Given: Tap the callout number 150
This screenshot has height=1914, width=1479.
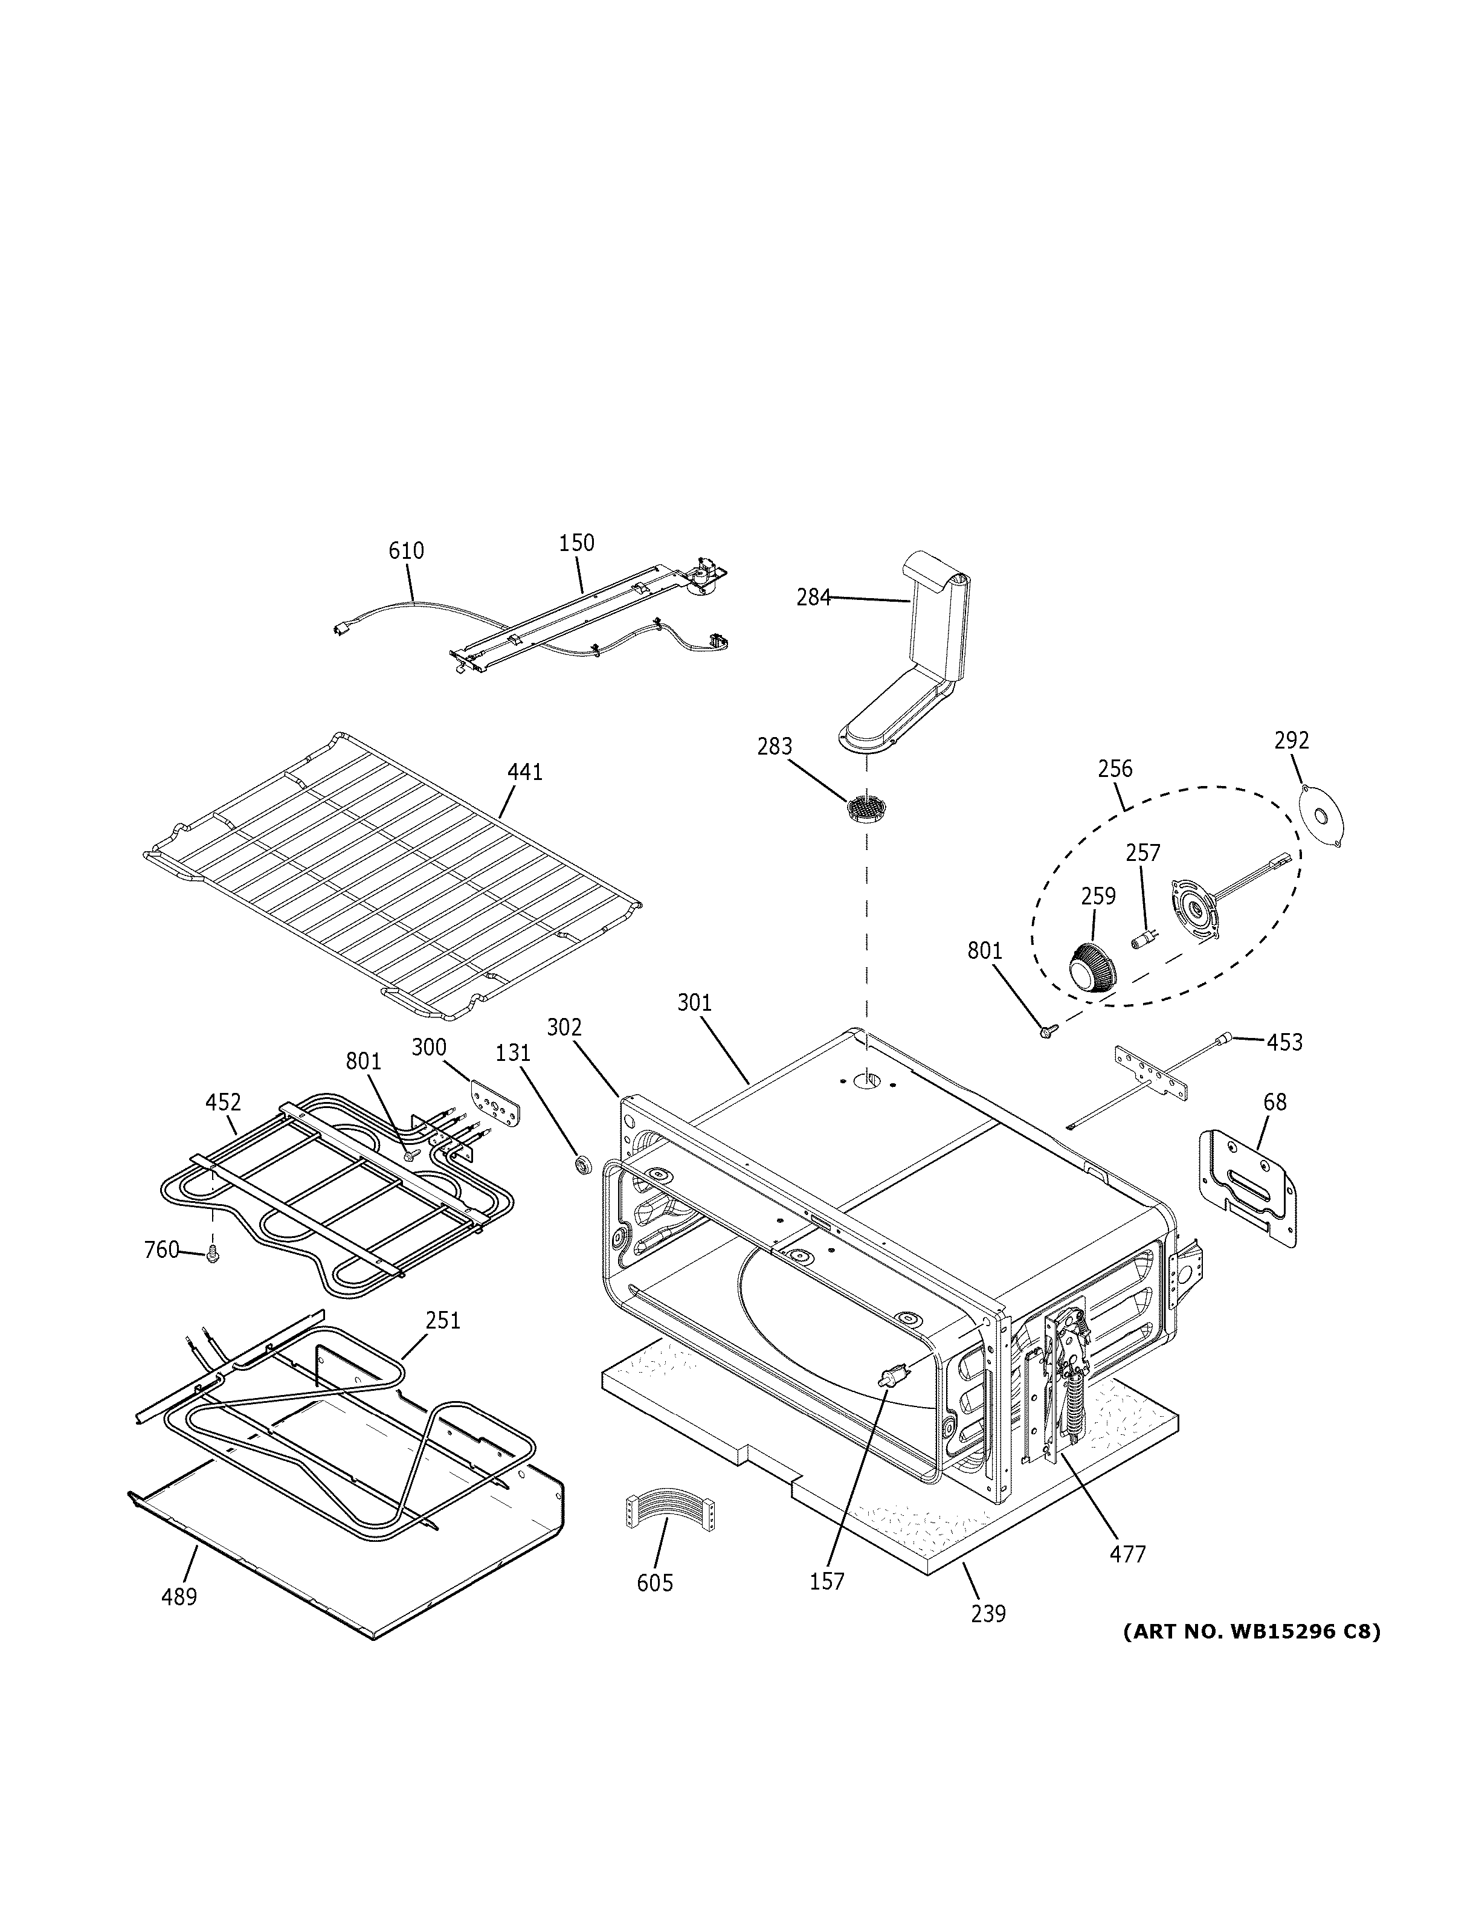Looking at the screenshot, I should [x=576, y=543].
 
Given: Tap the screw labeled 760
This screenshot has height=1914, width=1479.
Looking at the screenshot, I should [x=212, y=1256].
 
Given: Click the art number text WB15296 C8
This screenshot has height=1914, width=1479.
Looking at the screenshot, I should [x=1251, y=1632].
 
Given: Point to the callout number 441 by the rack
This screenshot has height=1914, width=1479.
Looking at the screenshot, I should [x=525, y=772].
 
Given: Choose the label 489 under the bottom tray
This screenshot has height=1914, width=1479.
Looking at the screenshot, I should [x=179, y=1597].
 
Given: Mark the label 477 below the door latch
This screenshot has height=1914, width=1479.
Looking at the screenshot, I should [x=1127, y=1554].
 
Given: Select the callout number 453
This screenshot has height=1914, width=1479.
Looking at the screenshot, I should [x=1284, y=1042].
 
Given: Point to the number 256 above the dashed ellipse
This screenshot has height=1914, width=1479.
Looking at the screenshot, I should [x=1115, y=768].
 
